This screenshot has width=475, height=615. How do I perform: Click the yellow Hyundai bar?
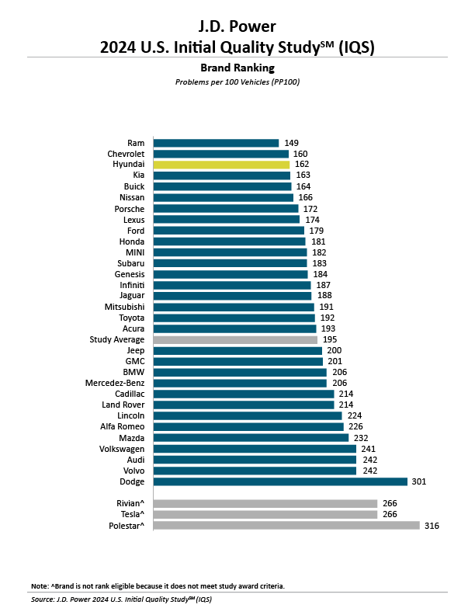pyautogui.click(x=221, y=165)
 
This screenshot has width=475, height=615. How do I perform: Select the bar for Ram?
pyautogui.click(x=216, y=143)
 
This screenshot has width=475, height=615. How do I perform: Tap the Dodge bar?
pyautogui.click(x=280, y=481)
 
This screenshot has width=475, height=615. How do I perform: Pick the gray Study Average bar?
pyautogui.click(x=235, y=339)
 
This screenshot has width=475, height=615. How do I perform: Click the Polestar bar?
pyautogui.click(x=286, y=525)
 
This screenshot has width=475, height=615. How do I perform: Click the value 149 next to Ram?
pyautogui.click(x=292, y=143)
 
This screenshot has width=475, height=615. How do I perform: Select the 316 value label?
pyautogui.click(x=432, y=525)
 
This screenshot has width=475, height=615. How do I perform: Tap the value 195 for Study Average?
pyautogui.click(x=331, y=339)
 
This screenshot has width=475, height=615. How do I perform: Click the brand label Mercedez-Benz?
pyautogui.click(x=115, y=383)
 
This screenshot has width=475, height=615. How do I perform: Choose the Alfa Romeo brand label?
pyautogui.click(x=121, y=426)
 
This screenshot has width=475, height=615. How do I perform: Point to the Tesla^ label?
pyautogui.click(x=130, y=514)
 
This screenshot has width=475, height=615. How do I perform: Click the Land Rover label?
pyautogui.click(x=123, y=405)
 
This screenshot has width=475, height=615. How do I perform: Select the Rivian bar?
pyautogui.click(x=265, y=503)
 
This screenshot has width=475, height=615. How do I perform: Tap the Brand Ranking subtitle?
pyautogui.click(x=237, y=68)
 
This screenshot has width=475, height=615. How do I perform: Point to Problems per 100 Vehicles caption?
pyautogui.click(x=237, y=82)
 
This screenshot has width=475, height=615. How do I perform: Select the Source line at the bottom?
pyautogui.click(x=121, y=599)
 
